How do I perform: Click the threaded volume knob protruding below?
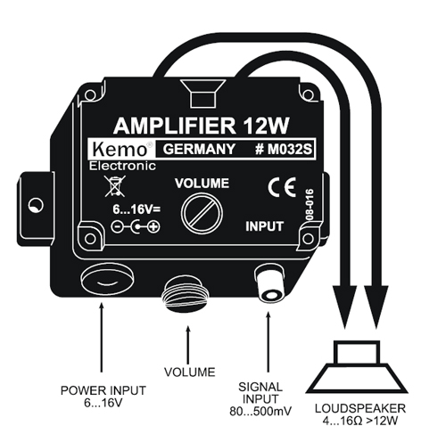pos(186,290)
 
